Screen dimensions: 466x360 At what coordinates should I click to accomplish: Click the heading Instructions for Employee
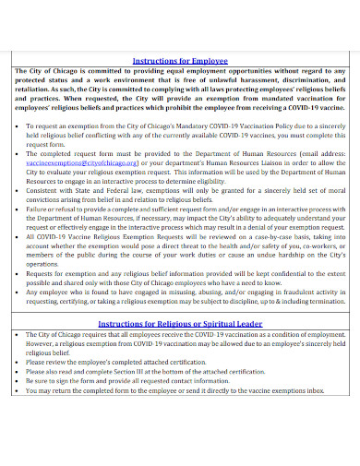[x=181, y=58]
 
